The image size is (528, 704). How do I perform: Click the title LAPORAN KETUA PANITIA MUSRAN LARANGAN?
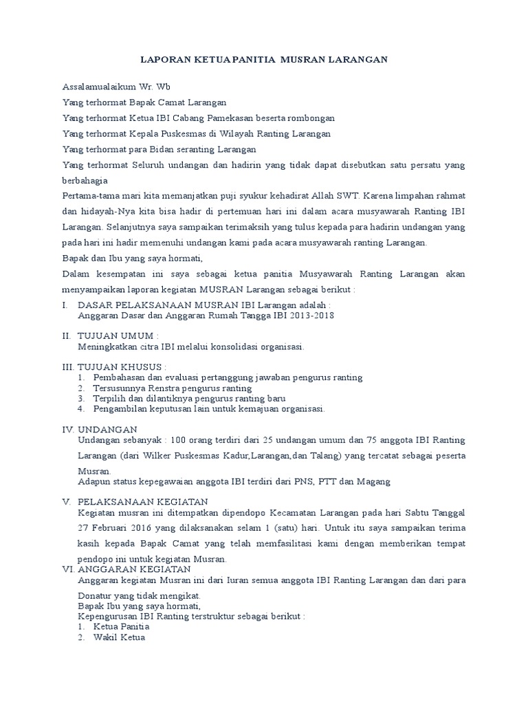tap(264, 60)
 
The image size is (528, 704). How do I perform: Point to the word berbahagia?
tap(85, 180)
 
